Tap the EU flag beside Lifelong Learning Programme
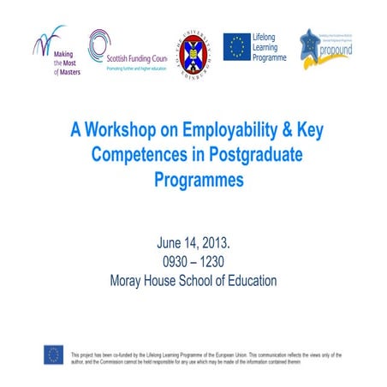click(236, 47)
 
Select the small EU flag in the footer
click(54, 354)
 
